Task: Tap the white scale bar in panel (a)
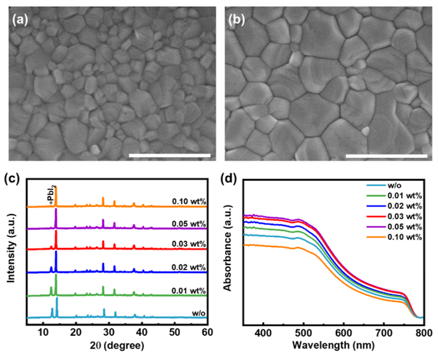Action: tap(169, 154)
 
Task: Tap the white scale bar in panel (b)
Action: tap(386, 154)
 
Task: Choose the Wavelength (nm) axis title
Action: tap(333, 346)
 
